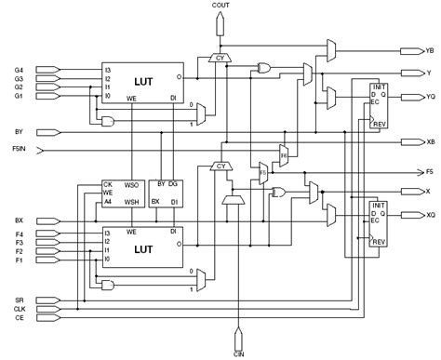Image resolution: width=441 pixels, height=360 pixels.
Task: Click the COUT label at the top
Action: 220,6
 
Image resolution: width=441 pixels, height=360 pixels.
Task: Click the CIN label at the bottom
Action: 239,353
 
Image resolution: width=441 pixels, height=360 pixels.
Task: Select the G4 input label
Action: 18,68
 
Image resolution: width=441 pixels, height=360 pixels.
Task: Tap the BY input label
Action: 18,131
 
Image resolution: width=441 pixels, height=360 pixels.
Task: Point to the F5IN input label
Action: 20,148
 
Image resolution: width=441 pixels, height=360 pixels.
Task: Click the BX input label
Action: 18,220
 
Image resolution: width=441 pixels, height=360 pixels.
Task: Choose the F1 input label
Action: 18,261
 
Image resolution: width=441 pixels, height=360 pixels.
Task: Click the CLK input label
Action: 19,309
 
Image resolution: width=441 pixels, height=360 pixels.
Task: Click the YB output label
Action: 429,50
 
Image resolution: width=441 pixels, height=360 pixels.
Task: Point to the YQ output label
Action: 429,94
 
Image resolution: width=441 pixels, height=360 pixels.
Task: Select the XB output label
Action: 429,142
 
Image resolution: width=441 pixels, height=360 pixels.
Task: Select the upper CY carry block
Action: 220,58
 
